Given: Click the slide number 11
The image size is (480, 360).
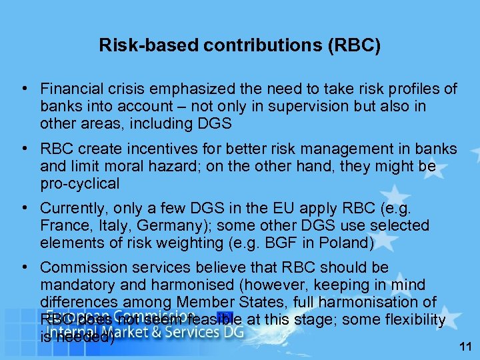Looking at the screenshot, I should pyautogui.click(x=464, y=346).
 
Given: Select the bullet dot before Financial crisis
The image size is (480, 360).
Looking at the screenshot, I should pyautogui.click(x=23, y=89).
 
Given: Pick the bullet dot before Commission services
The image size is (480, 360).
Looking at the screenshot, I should pyautogui.click(x=23, y=268).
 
